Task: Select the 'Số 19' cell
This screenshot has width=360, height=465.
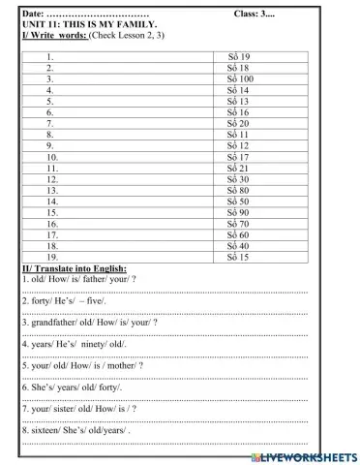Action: (x=238, y=57)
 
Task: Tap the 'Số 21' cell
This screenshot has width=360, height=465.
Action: (x=238, y=168)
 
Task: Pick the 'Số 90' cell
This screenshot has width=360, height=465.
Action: (x=238, y=212)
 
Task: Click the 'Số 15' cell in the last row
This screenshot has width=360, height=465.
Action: (x=238, y=258)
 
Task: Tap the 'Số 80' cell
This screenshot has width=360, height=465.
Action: (x=238, y=190)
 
